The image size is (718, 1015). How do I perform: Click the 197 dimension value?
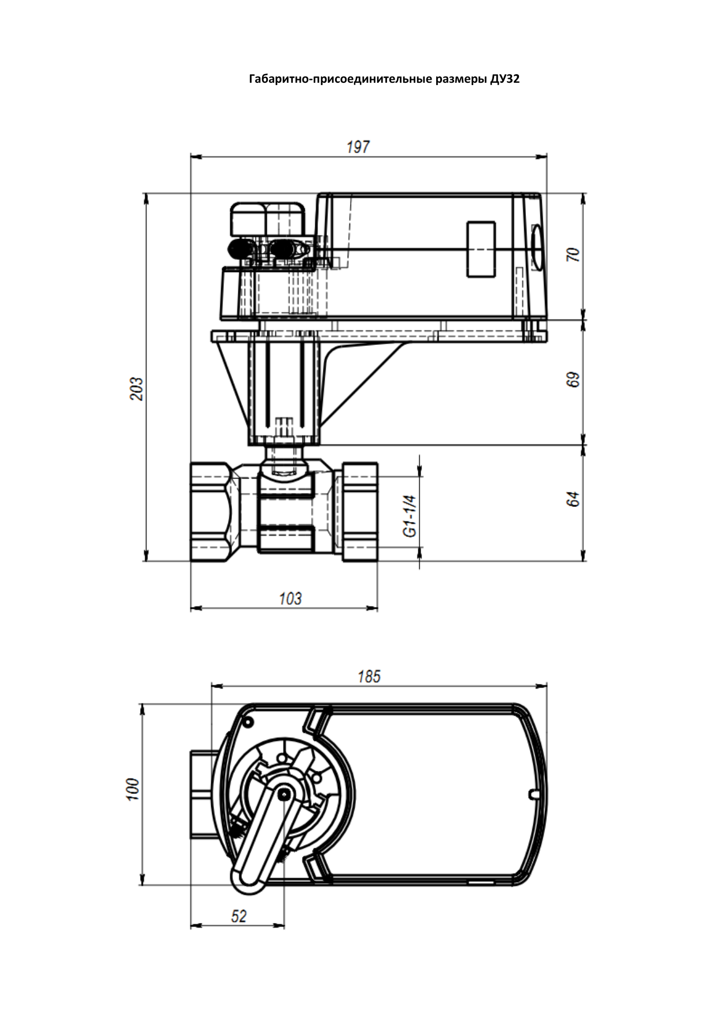pyautogui.click(x=358, y=147)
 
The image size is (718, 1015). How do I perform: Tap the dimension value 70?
pyautogui.click(x=573, y=254)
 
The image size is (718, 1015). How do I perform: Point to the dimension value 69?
pyautogui.click(x=573, y=380)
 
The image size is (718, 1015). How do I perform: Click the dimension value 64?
pyautogui.click(x=573, y=499)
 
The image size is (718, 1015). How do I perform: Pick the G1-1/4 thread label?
pyautogui.click(x=410, y=516)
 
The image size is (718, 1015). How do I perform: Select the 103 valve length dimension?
pyautogui.click(x=290, y=598)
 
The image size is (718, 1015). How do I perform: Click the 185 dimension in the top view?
pyautogui.click(x=369, y=676)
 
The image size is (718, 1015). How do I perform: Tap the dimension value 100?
pyautogui.click(x=132, y=789)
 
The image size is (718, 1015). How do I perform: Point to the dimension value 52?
pyautogui.click(x=238, y=916)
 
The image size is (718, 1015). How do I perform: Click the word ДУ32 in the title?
pyautogui.click(x=505, y=79)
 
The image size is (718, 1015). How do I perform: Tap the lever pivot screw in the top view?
pyautogui.click(x=283, y=796)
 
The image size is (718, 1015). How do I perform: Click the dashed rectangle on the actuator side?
pyautogui.click(x=481, y=249)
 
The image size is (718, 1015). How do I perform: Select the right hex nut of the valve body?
pyautogui.click(x=360, y=511)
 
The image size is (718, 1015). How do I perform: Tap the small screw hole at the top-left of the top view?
pyautogui.click(x=249, y=721)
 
